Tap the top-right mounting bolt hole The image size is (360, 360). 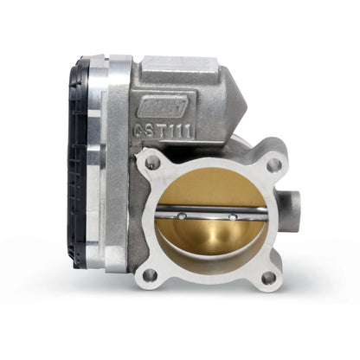(273, 163)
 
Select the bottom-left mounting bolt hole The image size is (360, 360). (151, 276)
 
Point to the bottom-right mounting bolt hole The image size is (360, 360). (268, 277)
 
